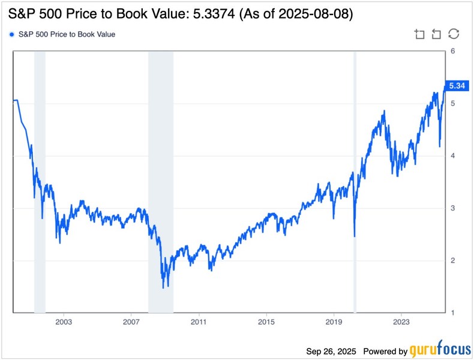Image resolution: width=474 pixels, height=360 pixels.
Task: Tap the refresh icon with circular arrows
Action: (454, 34)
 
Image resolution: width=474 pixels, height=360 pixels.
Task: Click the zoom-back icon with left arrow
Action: (437, 34)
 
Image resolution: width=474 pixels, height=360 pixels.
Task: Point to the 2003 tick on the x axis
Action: (64, 322)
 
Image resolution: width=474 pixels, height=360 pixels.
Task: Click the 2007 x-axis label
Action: (131, 322)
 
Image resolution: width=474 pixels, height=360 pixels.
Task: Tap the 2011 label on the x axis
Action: (199, 322)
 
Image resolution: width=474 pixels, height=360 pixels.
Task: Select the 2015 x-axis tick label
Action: (266, 322)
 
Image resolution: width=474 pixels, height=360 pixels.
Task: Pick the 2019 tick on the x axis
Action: (334, 322)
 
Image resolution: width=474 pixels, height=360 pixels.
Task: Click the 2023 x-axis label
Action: (401, 322)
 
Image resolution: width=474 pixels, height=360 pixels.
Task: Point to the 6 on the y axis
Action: (452, 51)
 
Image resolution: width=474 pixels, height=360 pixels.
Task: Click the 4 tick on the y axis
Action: (452, 155)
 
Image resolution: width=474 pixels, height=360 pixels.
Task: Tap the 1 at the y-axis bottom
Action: (452, 313)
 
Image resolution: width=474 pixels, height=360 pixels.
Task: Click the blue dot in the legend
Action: (12, 34)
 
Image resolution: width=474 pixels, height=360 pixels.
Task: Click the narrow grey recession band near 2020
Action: (355, 180)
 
